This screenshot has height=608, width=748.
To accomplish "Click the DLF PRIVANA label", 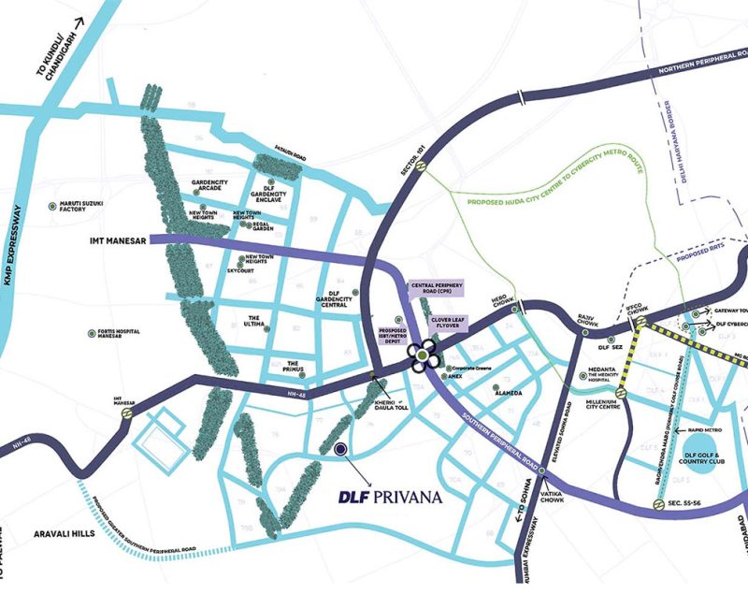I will click(388, 497).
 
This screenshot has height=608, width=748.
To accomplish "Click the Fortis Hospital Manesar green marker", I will click(89, 332).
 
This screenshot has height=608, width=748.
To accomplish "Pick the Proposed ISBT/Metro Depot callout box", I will click(392, 336).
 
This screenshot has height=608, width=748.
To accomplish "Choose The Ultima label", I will click(259, 321).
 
